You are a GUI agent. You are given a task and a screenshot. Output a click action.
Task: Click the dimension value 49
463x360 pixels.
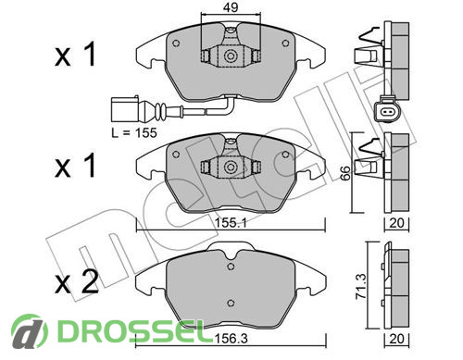coord(231,7)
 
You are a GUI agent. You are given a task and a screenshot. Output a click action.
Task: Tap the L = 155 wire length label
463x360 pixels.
coord(134,133)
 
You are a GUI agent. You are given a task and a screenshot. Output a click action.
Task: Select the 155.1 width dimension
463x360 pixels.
coord(231,222)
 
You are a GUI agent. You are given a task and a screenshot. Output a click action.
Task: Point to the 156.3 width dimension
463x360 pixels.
coord(231,339)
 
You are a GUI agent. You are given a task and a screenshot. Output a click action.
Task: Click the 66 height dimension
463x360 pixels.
coord(346,173)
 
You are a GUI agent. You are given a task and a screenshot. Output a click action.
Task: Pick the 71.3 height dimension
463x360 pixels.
coord(361,286)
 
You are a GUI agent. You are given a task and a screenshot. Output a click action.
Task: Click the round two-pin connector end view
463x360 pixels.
coord(387,111)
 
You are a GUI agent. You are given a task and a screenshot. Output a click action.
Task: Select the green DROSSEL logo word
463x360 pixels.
coord(131,330)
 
